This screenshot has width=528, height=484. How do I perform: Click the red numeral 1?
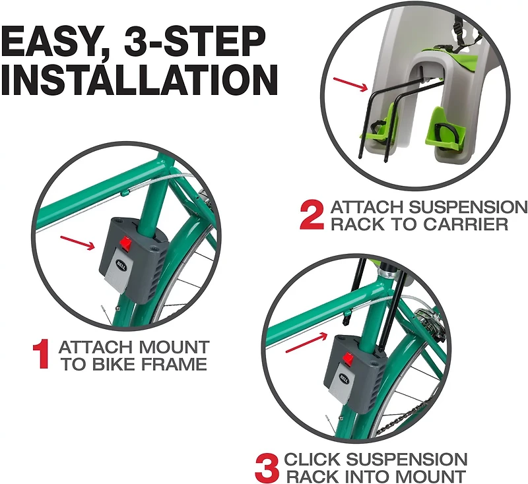pos(41,354)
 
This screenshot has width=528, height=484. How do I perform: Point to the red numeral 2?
pos(312,216)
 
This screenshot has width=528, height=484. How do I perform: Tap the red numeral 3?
pos(265,466)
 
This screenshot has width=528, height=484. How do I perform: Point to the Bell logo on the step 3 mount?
pos(345,380)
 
